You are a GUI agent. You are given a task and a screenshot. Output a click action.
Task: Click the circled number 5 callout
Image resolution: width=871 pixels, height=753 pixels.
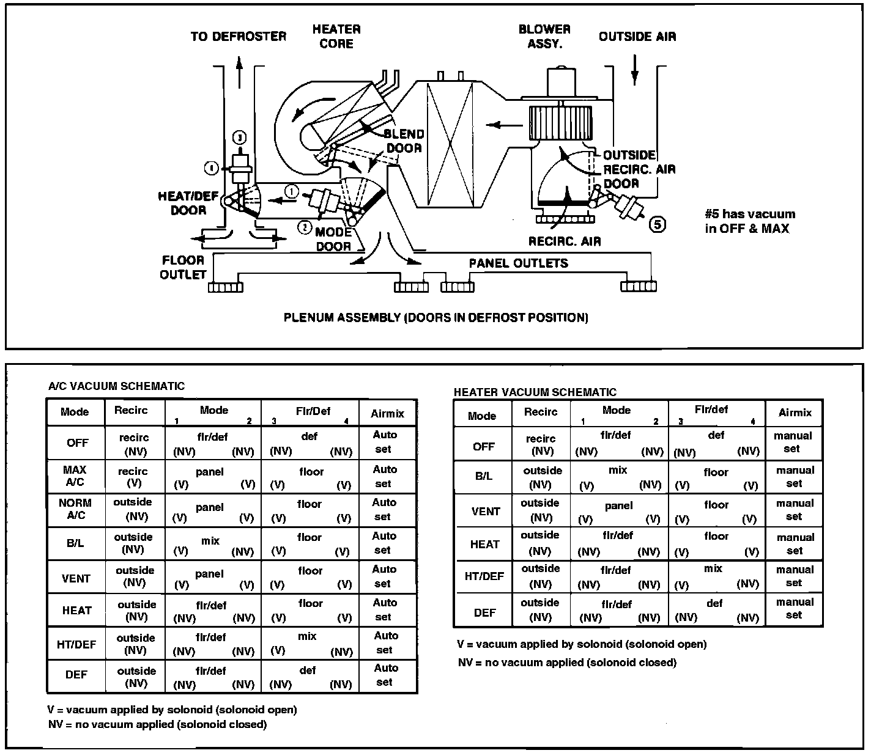click(x=658, y=225)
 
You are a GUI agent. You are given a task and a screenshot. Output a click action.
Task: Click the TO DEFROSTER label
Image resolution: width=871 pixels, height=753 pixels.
click(x=238, y=37)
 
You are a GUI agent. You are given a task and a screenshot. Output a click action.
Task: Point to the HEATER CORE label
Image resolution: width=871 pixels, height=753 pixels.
click(x=336, y=37)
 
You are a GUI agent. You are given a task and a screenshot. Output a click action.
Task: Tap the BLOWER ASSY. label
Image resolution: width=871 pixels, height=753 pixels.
click(x=544, y=37)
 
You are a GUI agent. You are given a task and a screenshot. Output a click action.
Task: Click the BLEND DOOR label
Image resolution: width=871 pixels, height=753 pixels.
click(x=404, y=141)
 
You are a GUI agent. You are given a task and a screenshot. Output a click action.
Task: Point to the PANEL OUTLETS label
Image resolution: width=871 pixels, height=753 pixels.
click(x=518, y=263)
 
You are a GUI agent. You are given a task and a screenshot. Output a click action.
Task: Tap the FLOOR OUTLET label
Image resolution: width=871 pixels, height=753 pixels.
click(x=183, y=267)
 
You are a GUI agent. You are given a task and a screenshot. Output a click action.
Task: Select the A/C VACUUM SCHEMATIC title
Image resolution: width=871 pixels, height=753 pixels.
click(x=116, y=386)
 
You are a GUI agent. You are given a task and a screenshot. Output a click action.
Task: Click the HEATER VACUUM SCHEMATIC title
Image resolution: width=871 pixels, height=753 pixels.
click(x=535, y=392)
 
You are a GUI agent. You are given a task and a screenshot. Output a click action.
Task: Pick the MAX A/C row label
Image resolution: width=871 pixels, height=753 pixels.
click(x=75, y=476)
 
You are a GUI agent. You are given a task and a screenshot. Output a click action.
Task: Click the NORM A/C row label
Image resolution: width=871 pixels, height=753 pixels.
click(x=75, y=509)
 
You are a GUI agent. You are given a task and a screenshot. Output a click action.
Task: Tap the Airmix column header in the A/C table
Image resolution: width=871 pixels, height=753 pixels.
click(x=387, y=414)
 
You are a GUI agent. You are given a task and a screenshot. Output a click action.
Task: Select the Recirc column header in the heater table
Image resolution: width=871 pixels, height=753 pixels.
click(x=541, y=412)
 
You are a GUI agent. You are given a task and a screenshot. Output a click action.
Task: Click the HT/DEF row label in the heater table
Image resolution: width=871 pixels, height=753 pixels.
click(x=484, y=576)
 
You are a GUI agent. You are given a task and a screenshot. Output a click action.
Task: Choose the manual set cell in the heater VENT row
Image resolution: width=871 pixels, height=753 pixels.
click(x=795, y=510)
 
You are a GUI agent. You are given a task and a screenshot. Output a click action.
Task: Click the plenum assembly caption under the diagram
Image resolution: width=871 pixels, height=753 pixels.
click(x=435, y=318)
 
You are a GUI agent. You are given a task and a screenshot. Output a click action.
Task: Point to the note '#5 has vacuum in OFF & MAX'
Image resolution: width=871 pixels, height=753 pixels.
click(x=750, y=221)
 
